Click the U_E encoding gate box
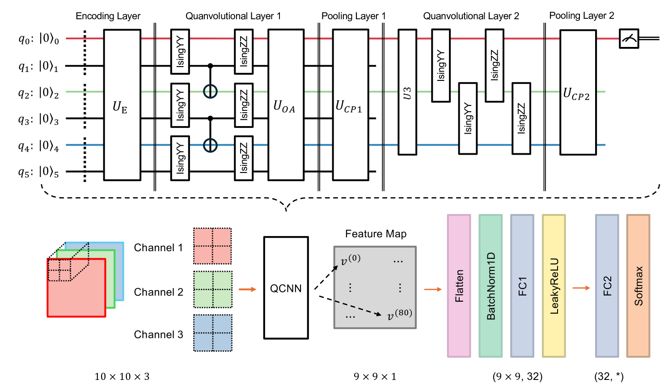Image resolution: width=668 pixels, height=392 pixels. coord(122,105)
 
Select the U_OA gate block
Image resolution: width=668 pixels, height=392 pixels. coord(286,105)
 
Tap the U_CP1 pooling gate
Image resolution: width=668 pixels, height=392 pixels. coord(351,105)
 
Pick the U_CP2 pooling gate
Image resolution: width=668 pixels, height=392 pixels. coord(578,93)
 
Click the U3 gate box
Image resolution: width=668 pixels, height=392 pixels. coord(407,93)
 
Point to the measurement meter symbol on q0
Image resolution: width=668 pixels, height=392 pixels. coord(629,39)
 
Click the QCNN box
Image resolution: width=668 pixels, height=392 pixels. coord(286,288)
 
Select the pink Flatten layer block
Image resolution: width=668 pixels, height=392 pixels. coord(459,286)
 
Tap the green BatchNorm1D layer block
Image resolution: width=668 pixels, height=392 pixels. coord(490,286)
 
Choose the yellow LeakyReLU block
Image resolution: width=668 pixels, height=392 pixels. coord(554,286)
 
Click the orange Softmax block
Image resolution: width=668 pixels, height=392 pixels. coord(638,286)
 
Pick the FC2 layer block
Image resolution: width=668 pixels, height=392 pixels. coord(607,286)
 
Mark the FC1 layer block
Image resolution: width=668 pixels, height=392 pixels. coord(522,286)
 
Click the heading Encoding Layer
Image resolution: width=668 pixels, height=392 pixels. coord(108,16)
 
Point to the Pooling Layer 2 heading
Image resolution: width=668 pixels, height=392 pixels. coord(582,16)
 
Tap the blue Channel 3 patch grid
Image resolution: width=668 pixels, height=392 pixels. coord(213,333)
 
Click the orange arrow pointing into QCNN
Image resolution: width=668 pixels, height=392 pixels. coord(247,289)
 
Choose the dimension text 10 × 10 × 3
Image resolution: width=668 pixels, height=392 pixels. coord(122,377)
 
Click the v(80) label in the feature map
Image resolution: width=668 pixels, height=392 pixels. coord(399,315)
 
